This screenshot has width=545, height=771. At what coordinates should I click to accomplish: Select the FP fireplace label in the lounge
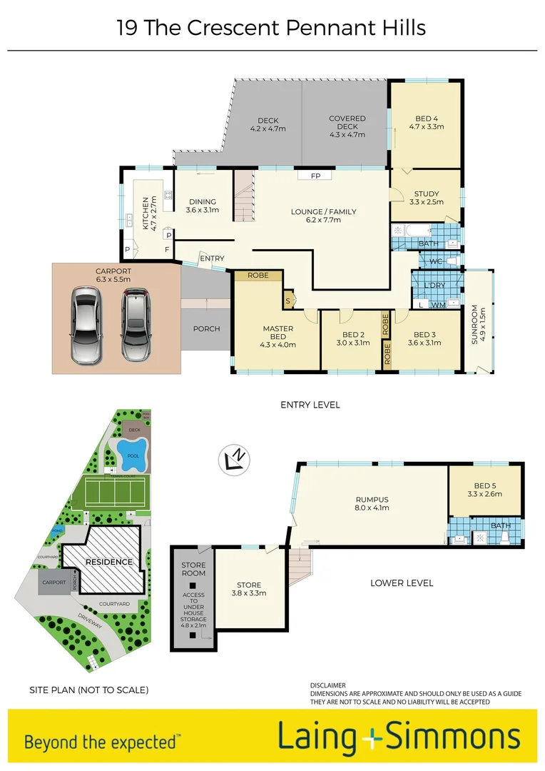(315, 176)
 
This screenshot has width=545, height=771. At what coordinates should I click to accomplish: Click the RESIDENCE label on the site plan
(109, 562)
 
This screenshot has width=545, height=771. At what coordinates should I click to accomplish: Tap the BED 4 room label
(427, 123)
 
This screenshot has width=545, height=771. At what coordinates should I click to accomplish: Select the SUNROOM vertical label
(476, 325)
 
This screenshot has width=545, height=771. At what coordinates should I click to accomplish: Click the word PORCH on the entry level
(206, 329)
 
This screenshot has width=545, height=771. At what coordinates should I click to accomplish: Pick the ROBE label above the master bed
(258, 276)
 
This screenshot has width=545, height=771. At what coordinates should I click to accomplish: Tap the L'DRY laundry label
(434, 286)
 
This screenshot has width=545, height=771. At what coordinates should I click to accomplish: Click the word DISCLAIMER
(328, 685)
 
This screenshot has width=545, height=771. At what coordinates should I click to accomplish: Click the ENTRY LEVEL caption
(310, 405)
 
